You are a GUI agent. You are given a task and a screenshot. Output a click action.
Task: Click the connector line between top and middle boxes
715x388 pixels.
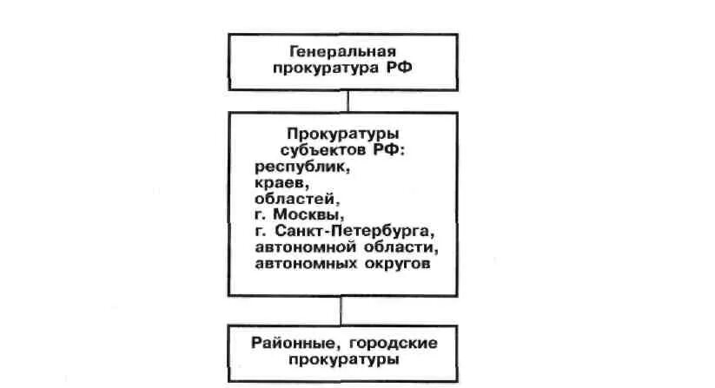click(x=348, y=100)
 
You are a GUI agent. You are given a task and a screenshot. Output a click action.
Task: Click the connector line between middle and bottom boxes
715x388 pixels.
click(x=348, y=311)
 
